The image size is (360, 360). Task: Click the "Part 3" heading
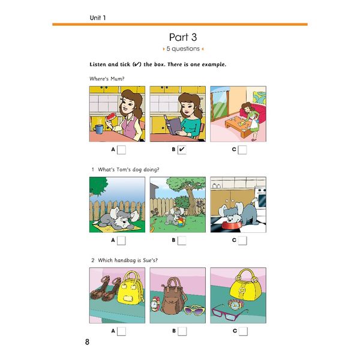[x=180, y=37]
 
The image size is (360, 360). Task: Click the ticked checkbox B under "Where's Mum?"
[x=182, y=150]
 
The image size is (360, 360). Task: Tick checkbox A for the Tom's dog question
[x=121, y=241]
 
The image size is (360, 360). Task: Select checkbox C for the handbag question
[x=242, y=331]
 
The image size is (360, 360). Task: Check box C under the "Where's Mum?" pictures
[x=242, y=150]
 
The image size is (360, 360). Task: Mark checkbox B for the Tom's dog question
[x=182, y=241]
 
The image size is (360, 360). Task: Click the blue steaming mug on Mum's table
[x=98, y=129]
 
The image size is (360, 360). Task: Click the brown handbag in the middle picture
[x=175, y=297]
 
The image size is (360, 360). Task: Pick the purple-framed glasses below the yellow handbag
[x=229, y=313]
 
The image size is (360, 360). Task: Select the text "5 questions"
[x=180, y=49]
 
